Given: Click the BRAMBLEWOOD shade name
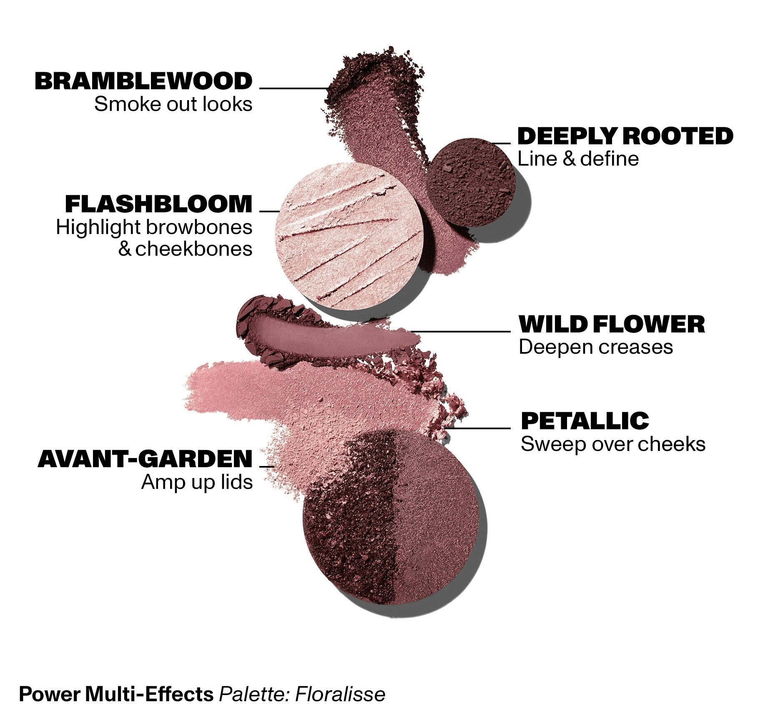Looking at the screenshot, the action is point(143,81).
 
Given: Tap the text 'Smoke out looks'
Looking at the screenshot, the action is point(173,104).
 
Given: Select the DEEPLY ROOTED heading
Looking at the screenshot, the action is point(625,136).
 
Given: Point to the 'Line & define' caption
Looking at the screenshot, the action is point(578,159).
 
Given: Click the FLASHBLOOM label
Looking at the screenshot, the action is point(159,204).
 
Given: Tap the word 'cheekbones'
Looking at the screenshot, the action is point(194,249).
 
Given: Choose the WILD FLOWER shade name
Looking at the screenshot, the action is point(612,325).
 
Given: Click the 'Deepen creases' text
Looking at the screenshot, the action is point(596,347).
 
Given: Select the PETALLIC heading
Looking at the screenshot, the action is point(585,421).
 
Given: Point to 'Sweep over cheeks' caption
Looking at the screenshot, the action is point(613,444).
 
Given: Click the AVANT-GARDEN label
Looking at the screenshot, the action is point(145,459).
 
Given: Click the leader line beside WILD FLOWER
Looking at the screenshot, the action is point(460,332).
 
